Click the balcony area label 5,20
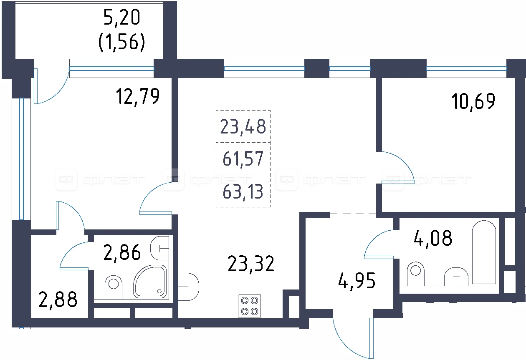pos(121,17)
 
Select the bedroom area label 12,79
pos(138,96)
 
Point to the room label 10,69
pos(473,101)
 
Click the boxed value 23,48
pos(243,126)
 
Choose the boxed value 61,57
pos(243,159)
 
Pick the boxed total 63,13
pos(243,192)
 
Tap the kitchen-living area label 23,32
pos(251,264)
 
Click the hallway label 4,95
pos(357,281)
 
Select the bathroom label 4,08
pos(433,238)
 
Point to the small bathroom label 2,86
pos(122,252)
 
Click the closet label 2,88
pos(58,300)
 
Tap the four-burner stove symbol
pos(249,306)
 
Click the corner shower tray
pos(150,282)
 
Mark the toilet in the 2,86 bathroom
pos(114,287)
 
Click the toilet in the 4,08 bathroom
pos(415,274)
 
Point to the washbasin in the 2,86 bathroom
pos(159,248)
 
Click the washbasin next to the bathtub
pos(456,277)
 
